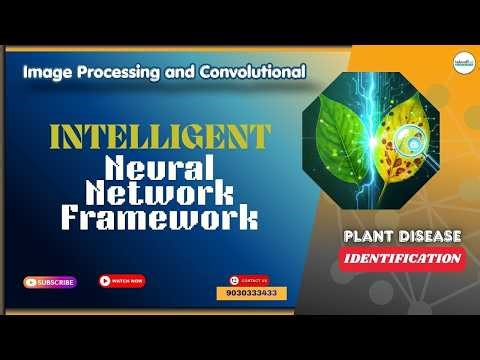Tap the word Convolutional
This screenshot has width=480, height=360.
click(x=251, y=73)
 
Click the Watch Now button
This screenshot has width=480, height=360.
click(x=122, y=281)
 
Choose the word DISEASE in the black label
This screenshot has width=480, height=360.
click(x=428, y=236)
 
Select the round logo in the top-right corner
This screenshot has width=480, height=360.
click(x=462, y=61)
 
